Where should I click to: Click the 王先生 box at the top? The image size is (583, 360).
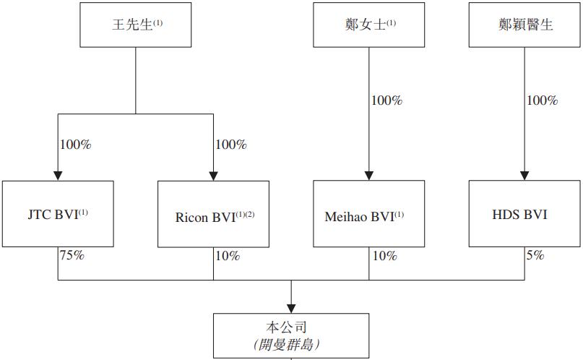pyautogui.click(x=135, y=25)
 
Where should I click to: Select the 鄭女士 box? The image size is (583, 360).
pyautogui.click(x=368, y=25)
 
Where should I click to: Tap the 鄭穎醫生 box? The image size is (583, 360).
pyautogui.click(x=524, y=25)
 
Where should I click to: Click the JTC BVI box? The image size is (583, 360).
pyautogui.click(x=58, y=214)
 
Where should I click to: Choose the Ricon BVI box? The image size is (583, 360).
pyautogui.click(x=213, y=215)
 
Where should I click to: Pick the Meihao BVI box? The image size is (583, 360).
pyautogui.click(x=368, y=215)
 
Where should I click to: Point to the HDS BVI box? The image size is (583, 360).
pyautogui.click(x=524, y=214)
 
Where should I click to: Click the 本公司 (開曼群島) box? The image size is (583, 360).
pyautogui.click(x=290, y=335)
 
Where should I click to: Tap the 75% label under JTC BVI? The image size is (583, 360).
pyautogui.click(x=72, y=255)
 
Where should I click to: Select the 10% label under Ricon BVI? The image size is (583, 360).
pyautogui.click(x=227, y=256)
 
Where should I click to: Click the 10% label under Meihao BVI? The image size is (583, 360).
pyautogui.click(x=383, y=256)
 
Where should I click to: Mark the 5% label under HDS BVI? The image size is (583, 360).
pyautogui.click(x=535, y=255)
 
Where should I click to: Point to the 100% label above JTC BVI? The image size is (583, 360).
pyautogui.click(x=75, y=145)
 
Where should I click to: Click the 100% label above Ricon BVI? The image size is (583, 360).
pyautogui.click(x=230, y=145)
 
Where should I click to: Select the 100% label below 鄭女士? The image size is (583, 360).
pyautogui.click(x=386, y=100)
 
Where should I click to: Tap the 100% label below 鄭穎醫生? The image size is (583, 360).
pyautogui.click(x=542, y=100)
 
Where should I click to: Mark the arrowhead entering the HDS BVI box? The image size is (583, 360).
pyautogui.click(x=524, y=176)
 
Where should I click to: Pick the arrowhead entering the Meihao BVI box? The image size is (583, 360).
pyautogui.click(x=368, y=176)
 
